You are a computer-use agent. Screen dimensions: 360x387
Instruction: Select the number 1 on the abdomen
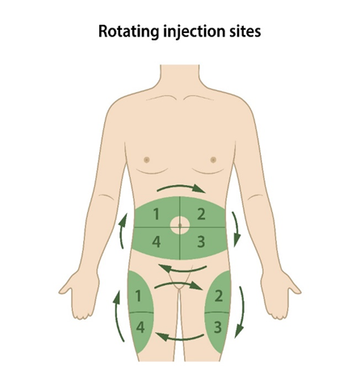coord(156,214)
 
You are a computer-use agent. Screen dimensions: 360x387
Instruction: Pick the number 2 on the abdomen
coord(201,214)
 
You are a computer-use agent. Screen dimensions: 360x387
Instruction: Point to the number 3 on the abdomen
coord(201,242)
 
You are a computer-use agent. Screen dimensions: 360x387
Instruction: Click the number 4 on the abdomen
coord(157,242)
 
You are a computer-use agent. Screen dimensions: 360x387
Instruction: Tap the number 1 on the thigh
coord(138,296)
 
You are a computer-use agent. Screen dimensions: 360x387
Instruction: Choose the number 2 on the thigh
coord(219,296)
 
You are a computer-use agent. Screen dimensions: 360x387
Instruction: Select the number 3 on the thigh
coord(218,327)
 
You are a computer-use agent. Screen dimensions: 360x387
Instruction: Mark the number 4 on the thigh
coord(140,327)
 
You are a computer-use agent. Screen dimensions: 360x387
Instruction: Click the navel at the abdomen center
coord(180,225)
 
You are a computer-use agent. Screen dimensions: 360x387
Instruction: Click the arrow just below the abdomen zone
coord(183,269)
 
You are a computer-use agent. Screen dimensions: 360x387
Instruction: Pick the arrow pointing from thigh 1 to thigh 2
coord(178,284)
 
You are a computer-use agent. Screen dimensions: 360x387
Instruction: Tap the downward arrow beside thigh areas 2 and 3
coord(241,313)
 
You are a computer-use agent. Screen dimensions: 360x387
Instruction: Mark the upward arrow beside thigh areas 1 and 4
coord(118,315)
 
